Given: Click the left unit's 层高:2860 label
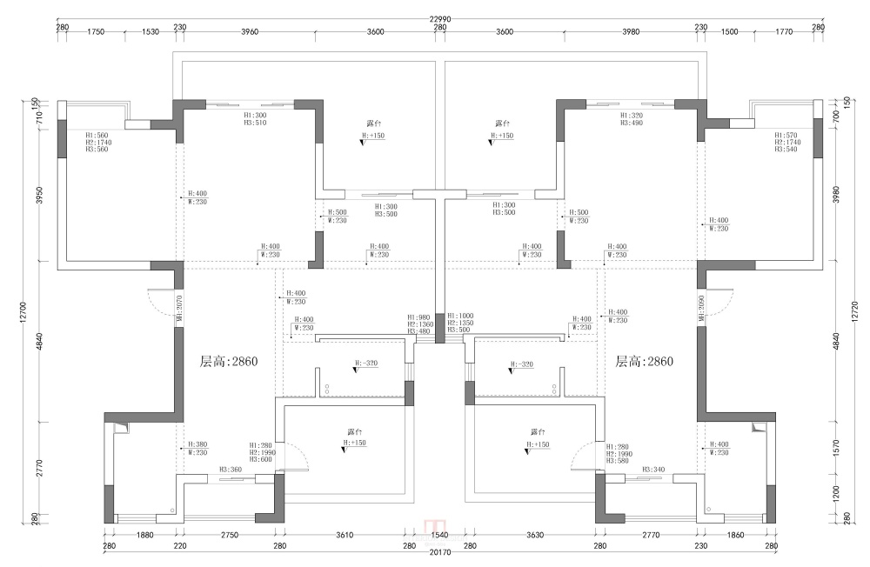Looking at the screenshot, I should [x=229, y=361].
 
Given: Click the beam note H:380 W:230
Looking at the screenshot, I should [x=197, y=448].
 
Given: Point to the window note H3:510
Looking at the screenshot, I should [x=255, y=123].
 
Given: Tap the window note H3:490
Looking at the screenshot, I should [x=631, y=123].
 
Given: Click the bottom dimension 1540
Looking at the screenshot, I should [x=439, y=535].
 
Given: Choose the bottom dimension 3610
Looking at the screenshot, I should [x=345, y=535].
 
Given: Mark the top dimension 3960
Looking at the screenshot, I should [x=250, y=31].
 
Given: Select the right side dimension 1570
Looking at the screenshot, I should [x=836, y=446].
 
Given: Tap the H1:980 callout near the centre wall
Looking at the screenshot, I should [x=418, y=317].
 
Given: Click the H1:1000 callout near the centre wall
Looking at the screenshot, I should [x=459, y=317].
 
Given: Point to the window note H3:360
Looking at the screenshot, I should [x=231, y=470].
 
